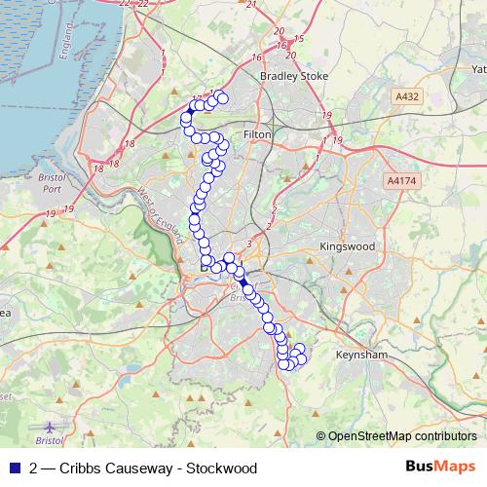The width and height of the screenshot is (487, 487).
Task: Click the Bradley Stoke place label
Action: tap(294, 75)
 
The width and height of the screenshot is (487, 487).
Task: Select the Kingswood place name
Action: tap(347, 247)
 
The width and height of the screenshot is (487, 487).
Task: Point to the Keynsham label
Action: tap(360, 356)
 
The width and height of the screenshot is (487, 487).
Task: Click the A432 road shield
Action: tap(407, 97)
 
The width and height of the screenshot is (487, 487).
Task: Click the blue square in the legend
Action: tap(14, 468)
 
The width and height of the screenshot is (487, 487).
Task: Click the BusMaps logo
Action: tap(441, 468)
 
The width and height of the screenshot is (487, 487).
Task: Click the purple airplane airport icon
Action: tap(51, 427)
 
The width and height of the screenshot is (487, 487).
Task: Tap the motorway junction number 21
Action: tap(251, 6)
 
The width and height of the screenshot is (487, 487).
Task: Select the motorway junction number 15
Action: tap(298, 39)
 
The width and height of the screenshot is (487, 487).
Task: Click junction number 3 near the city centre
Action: tap(250, 243)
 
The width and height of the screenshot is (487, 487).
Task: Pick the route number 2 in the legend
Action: tap(34, 468)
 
